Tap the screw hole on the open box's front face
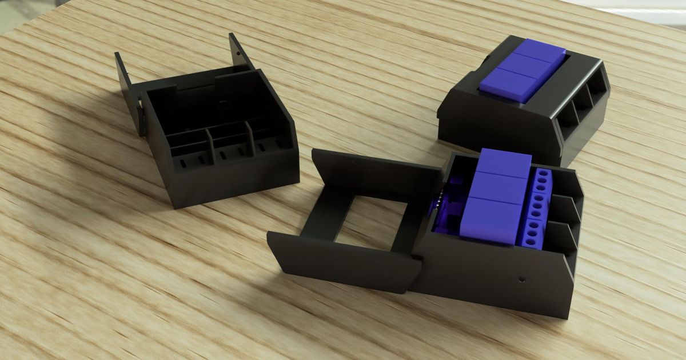pos(521,280)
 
